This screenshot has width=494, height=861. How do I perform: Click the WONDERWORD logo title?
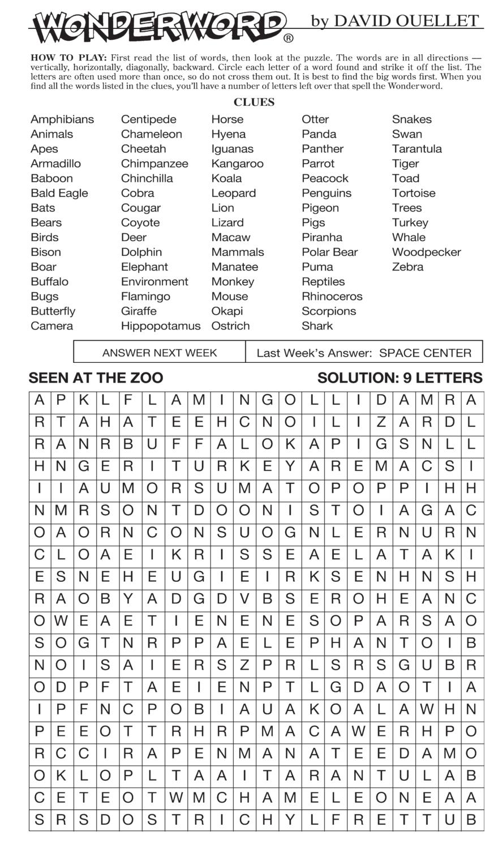pos(158,27)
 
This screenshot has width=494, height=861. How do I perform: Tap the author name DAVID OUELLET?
pos(405,21)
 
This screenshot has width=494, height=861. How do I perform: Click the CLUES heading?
pos(254,102)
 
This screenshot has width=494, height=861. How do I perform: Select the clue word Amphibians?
pos(62,119)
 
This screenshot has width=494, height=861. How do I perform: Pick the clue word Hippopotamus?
pos(161,326)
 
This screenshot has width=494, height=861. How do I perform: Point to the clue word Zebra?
pos(407,267)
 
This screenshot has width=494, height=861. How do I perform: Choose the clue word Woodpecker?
pos(426,252)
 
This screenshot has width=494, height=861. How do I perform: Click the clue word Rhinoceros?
pos(332,296)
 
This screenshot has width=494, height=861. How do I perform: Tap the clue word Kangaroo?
pos(237,164)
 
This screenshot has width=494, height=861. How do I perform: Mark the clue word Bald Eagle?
pos(59,193)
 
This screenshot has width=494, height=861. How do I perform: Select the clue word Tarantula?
pos(416,149)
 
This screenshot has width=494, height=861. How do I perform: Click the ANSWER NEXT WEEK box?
pos(160,353)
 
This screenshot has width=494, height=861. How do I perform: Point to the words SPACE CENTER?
pos(425,353)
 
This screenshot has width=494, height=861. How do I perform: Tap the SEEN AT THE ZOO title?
pos(96,378)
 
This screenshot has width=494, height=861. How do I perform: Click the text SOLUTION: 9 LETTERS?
pos(400,378)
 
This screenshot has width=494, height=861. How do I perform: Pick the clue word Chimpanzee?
pos(154,164)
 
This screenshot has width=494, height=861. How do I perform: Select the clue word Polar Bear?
pos(329,252)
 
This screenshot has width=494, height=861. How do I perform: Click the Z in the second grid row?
pos(381,422)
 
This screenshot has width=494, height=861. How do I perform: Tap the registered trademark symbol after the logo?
pos(288,38)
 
